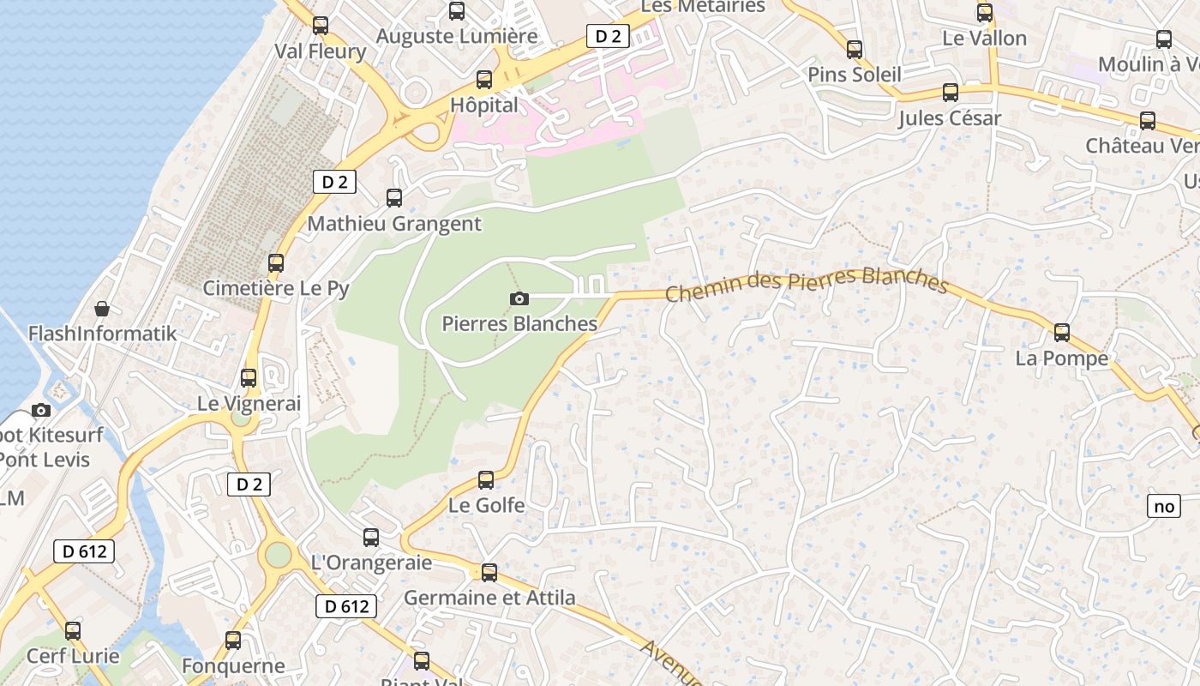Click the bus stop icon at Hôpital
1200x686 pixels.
click(484, 80)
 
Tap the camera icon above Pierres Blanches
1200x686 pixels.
click(519, 298)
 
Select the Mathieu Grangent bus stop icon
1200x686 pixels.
click(394, 198)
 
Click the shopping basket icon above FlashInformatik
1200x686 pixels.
click(102, 309)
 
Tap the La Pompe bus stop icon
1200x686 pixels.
click(1062, 333)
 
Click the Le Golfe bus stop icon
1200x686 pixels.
click(486, 480)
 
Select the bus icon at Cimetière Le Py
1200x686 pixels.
click(276, 263)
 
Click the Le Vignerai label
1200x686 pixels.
click(249, 403)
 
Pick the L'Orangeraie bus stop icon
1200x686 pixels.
click(371, 538)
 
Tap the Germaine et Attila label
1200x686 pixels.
click(489, 598)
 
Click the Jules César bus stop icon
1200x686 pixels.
click(951, 93)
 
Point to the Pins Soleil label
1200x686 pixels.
click(855, 75)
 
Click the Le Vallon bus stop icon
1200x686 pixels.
click(985, 13)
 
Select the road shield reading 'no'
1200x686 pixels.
click(1164, 506)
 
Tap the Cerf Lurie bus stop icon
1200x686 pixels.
click(73, 631)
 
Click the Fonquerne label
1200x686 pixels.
click(233, 665)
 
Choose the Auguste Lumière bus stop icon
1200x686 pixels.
click(457, 11)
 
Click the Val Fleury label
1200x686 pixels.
click(320, 51)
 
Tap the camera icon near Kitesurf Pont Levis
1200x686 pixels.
click(41, 410)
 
